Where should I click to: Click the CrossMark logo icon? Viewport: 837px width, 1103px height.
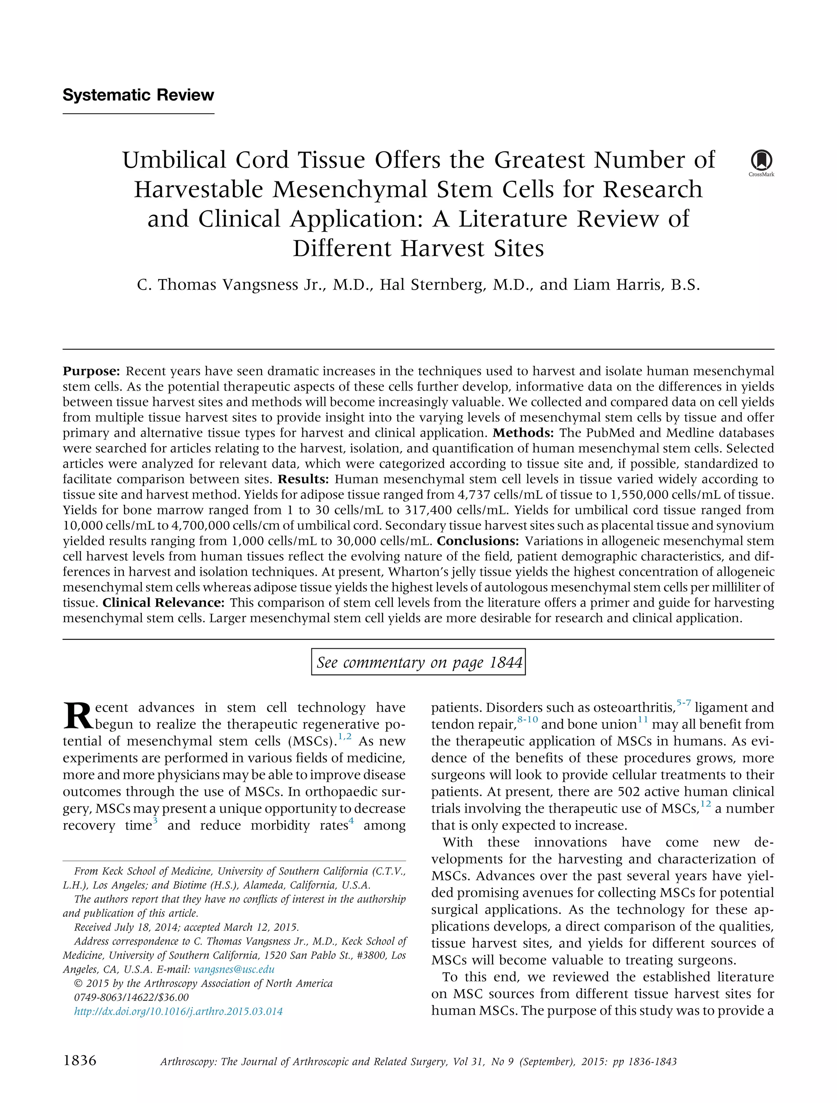point(761,161)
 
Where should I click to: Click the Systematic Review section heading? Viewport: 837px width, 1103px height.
point(138,95)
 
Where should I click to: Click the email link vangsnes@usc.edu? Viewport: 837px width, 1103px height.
point(234,969)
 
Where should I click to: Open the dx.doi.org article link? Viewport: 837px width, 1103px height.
point(178,1011)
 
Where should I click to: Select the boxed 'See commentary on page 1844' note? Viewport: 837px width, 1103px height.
point(418,662)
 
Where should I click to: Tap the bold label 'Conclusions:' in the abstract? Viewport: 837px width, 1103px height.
point(478,541)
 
